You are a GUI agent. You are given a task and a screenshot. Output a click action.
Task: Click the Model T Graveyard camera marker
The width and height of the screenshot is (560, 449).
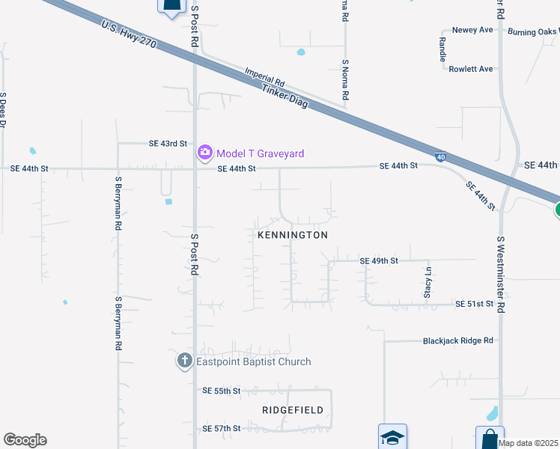[x=204, y=153]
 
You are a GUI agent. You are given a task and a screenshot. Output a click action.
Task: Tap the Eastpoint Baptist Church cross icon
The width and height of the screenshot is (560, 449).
[x=185, y=361]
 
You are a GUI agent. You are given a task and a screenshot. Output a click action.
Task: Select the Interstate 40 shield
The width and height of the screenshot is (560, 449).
[x=440, y=157]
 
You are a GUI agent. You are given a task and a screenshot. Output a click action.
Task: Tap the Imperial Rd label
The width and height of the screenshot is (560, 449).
[x=265, y=76]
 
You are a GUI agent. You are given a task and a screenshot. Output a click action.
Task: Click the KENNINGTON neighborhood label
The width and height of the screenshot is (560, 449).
[x=293, y=235]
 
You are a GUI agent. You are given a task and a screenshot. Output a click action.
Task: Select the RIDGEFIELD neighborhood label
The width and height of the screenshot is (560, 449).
[x=293, y=410]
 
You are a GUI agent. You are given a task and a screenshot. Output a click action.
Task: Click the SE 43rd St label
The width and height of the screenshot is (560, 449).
[x=167, y=144]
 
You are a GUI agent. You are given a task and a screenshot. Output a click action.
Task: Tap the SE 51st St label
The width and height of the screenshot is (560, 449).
[x=475, y=304]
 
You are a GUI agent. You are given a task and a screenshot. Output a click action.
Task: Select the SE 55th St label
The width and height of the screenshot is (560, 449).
[x=221, y=391]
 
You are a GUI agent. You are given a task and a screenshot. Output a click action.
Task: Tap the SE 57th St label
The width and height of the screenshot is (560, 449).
[x=221, y=429]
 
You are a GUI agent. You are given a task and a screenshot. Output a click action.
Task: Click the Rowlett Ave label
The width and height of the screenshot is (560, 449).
[x=471, y=69]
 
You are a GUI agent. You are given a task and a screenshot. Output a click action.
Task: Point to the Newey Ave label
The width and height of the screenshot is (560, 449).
[x=475, y=30]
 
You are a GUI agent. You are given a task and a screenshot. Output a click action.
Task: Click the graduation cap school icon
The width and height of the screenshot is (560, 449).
[x=392, y=437]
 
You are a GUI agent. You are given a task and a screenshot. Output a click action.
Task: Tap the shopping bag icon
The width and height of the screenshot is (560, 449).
[x=490, y=437]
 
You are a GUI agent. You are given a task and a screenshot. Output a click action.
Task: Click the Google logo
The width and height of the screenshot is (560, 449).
[x=25, y=440]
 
